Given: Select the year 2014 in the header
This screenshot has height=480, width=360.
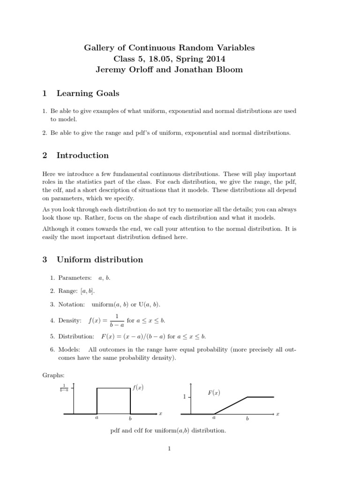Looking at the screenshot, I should click(x=216, y=59).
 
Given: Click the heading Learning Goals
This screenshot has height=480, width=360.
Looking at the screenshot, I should click(x=88, y=93).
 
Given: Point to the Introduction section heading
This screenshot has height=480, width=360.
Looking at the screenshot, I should click(x=82, y=155).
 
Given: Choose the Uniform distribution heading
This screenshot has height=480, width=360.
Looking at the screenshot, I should click(x=100, y=259).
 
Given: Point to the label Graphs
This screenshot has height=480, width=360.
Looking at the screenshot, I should click(x=53, y=375).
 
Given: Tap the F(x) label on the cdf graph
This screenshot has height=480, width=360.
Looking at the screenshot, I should click(x=214, y=393).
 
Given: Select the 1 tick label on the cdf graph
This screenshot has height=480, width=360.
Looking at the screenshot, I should click(x=185, y=397).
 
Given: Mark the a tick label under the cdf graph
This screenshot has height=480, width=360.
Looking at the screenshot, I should click(x=214, y=417).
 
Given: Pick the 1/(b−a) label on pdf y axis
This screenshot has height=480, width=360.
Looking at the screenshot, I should click(x=64, y=388).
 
